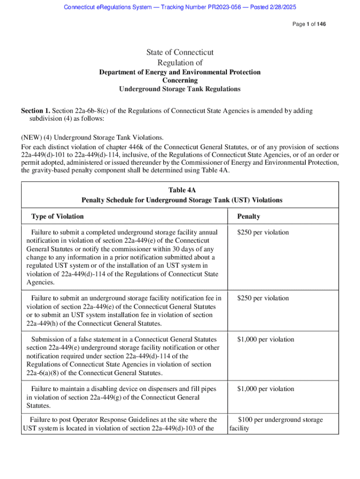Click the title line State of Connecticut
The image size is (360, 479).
point(180,52)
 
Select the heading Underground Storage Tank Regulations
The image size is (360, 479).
point(180,89)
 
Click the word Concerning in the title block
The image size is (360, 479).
point(180,80)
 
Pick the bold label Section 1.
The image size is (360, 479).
point(36,111)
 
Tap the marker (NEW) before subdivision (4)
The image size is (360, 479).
point(32,138)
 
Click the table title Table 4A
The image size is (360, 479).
point(182,190)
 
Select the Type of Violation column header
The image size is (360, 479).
point(58,216)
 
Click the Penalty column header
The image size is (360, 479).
point(249,216)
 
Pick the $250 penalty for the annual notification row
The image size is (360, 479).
point(263,232)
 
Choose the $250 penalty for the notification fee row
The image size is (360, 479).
point(263,298)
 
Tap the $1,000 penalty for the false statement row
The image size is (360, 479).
point(266,339)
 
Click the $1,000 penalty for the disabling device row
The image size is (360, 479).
point(266,389)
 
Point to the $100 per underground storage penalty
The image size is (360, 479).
point(280,420)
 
